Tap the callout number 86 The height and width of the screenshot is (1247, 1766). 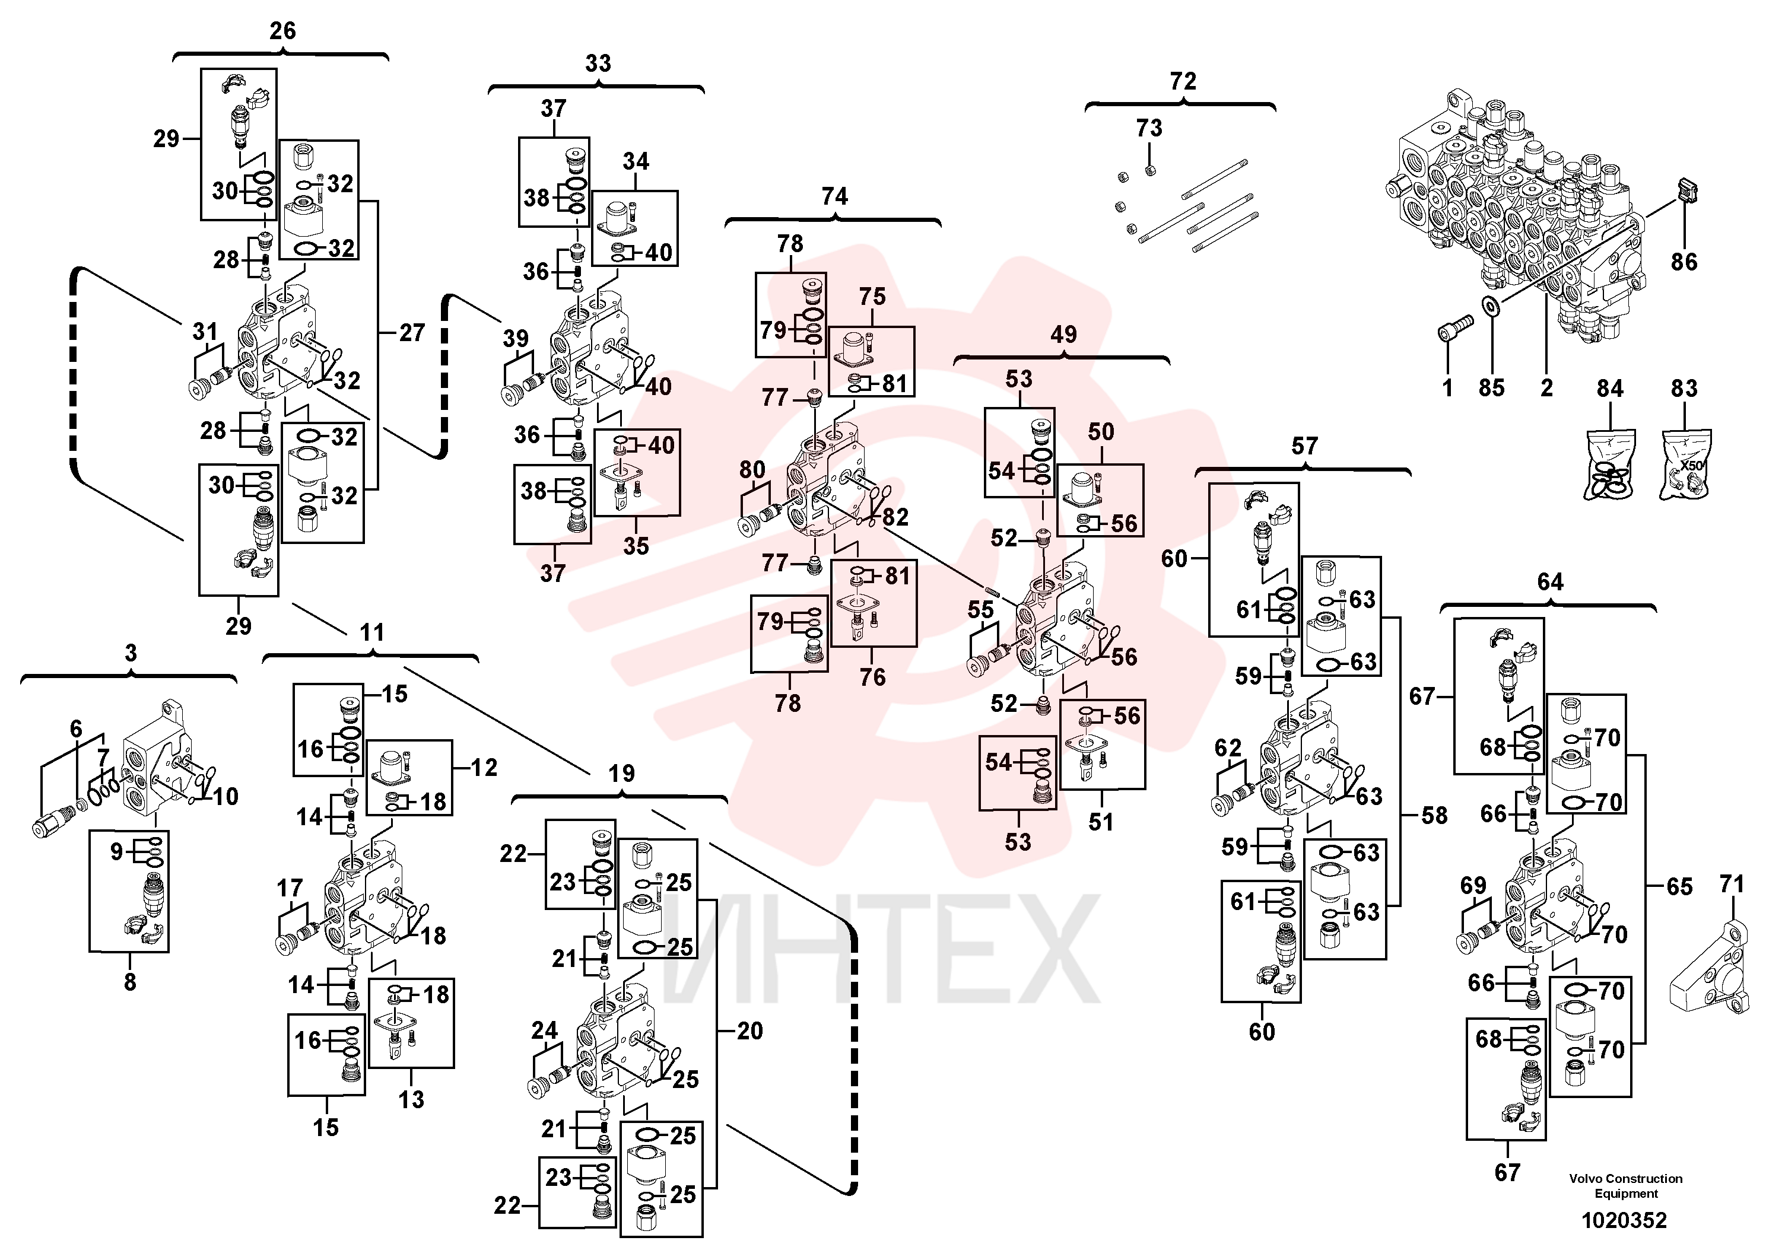pos(1684,262)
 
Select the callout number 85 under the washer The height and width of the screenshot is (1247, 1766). pos(1491,387)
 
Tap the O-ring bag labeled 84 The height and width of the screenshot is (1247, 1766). pos(1609,463)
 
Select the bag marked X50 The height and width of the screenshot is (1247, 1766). pos(1685,463)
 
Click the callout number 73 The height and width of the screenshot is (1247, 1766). pos(1149,128)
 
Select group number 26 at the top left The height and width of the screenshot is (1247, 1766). pos(282,31)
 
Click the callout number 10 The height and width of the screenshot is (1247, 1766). pos(225,797)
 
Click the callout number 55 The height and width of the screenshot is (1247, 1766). pos(981,610)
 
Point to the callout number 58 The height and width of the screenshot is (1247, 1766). pos(1434,816)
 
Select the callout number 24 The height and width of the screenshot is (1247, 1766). pos(545,1030)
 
